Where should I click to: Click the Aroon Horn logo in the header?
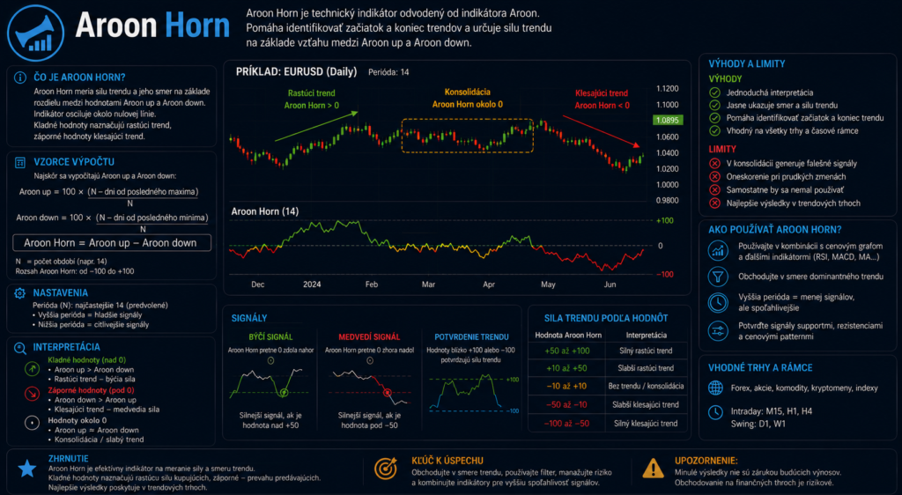(x=35, y=33)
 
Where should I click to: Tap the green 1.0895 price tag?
(x=667, y=120)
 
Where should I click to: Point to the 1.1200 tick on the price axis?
(x=668, y=89)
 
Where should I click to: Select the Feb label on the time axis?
(x=371, y=284)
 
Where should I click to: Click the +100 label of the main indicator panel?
(x=664, y=221)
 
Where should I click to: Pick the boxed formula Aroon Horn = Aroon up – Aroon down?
(x=112, y=242)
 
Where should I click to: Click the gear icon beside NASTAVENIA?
(x=19, y=293)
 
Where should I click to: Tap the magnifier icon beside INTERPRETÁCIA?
(x=20, y=348)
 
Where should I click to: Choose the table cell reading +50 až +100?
(x=566, y=351)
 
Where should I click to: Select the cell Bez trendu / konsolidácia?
(x=646, y=387)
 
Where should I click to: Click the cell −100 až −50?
(x=566, y=424)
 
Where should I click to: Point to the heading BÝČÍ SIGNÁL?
(x=270, y=336)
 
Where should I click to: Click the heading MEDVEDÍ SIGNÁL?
(x=369, y=336)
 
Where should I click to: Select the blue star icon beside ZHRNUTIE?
(x=27, y=469)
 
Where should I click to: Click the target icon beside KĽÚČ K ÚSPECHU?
(x=386, y=469)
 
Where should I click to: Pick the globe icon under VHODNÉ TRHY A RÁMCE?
(x=715, y=388)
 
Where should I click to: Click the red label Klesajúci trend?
(x=601, y=93)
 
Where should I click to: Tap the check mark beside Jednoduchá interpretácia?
(x=714, y=92)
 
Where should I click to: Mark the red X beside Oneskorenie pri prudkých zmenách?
(x=714, y=176)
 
